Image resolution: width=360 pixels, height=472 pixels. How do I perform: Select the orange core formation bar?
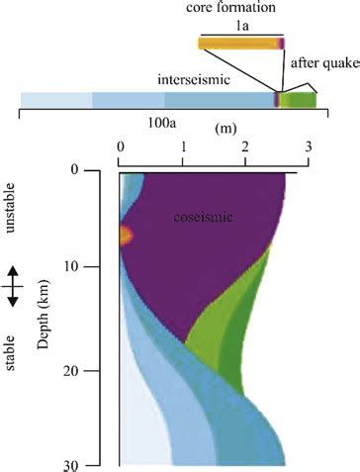click(x=237, y=44)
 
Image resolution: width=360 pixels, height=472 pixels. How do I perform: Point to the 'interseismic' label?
click(x=194, y=77)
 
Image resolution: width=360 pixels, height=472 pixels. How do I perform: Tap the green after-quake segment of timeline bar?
click(x=296, y=99)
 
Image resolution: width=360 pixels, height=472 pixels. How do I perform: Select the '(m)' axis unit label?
click(x=225, y=129)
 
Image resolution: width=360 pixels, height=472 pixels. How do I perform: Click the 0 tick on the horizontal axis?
click(x=120, y=148)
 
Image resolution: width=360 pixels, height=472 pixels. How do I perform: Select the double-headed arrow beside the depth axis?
click(x=11, y=286)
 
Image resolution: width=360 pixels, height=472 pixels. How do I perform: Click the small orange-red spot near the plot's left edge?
click(x=125, y=235)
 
